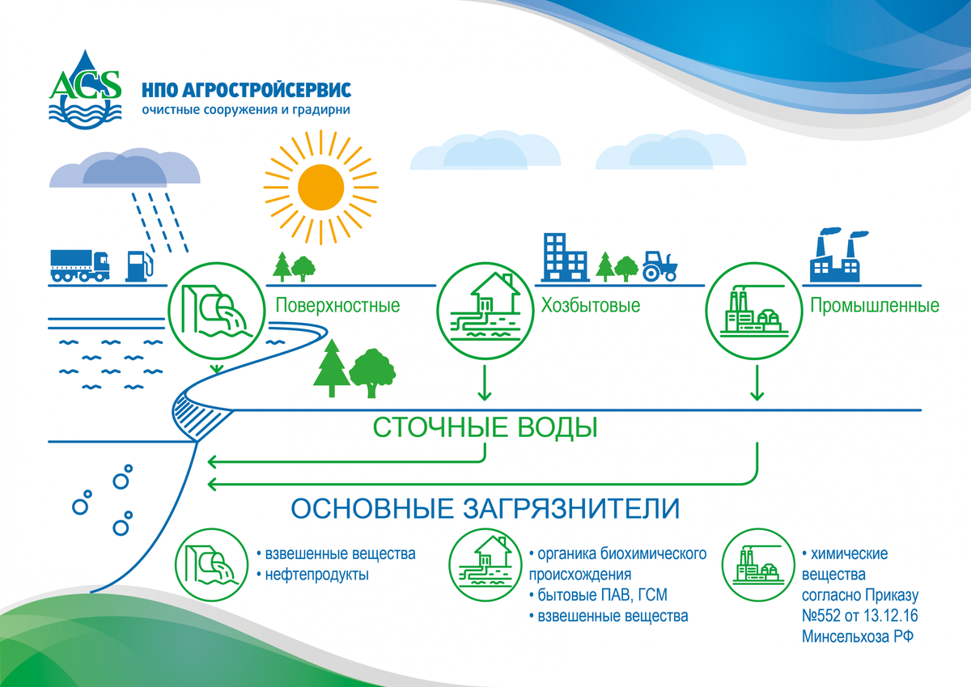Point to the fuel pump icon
point(138,265)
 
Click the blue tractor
point(660,265)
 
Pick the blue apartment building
point(565,256)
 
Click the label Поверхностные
point(337,306)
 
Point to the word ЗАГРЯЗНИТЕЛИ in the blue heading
point(571,509)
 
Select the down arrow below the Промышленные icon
point(757,384)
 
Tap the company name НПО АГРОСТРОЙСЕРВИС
point(245,88)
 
